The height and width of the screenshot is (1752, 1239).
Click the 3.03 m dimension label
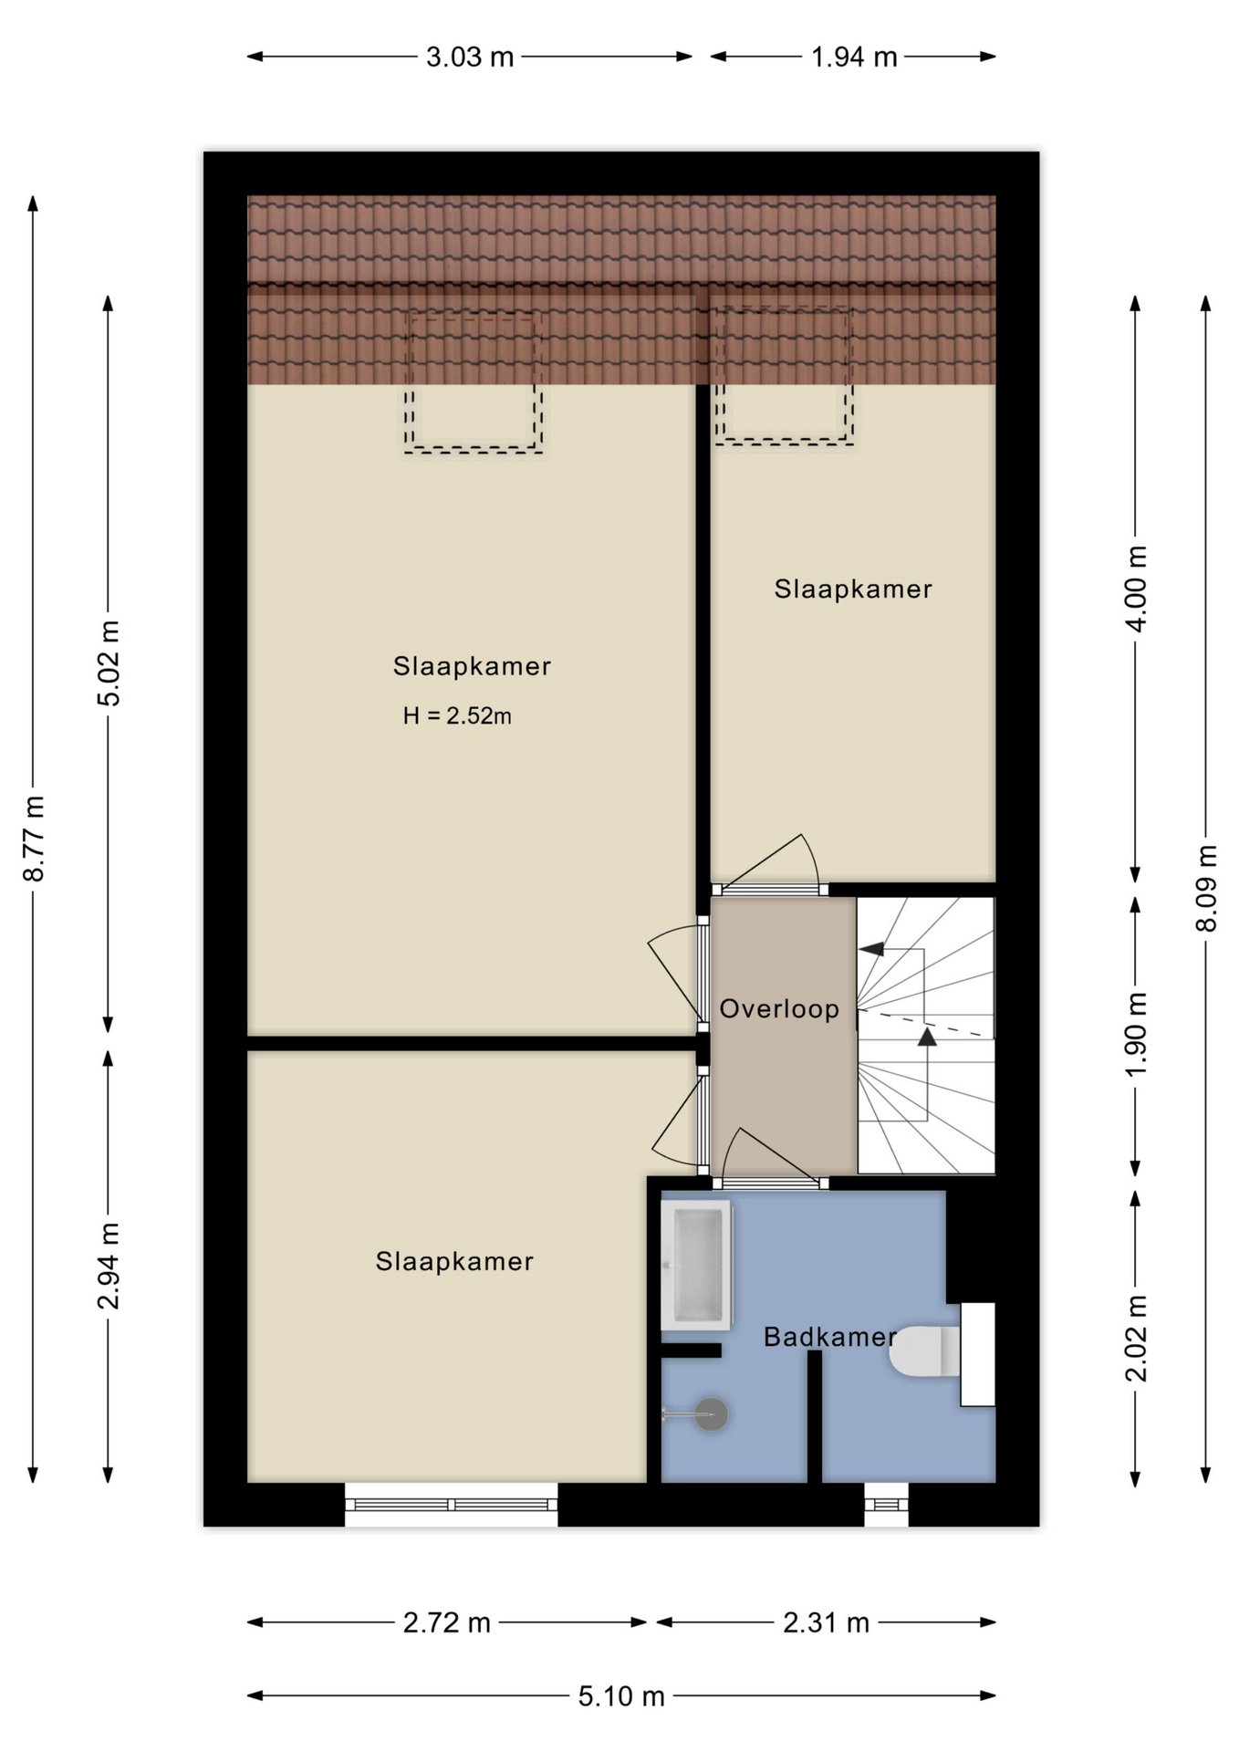pyautogui.click(x=470, y=57)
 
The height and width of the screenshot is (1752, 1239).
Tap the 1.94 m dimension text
pyautogui.click(x=854, y=57)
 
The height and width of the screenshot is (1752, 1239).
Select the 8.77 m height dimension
pyautogui.click(x=34, y=839)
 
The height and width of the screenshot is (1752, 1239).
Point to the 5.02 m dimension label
pyautogui.click(x=109, y=663)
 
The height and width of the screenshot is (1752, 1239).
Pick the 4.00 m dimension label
pyautogui.click(x=1136, y=589)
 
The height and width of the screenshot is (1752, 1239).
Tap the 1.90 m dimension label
pyautogui.click(x=1136, y=1035)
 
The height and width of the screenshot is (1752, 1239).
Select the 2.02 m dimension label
pyautogui.click(x=1136, y=1339)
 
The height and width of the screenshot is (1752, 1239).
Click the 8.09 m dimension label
pyautogui.click(x=1206, y=888)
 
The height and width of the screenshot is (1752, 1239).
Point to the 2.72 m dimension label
pyautogui.click(x=447, y=1622)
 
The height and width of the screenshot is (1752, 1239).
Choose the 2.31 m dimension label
pyautogui.click(x=826, y=1622)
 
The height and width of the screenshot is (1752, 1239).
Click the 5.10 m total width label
pyautogui.click(x=621, y=1696)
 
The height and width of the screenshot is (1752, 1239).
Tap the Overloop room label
pyautogui.click(x=779, y=1008)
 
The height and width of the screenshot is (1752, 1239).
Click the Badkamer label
pyautogui.click(x=829, y=1337)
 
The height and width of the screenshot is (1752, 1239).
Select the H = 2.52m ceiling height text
pyautogui.click(x=457, y=716)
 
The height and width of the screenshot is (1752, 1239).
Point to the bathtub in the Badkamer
pyautogui.click(x=696, y=1265)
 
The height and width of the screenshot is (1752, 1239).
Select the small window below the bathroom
pyautogui.click(x=886, y=1504)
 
